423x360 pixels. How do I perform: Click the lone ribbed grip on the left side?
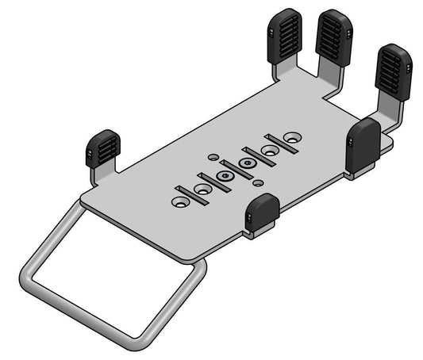coord(103,147)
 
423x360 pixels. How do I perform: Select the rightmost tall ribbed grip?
coord(393,71)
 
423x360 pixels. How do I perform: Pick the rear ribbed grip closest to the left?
coord(284,36)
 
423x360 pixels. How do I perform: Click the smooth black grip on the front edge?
coord(262,214)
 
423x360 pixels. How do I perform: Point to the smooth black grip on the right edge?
coord(363,146)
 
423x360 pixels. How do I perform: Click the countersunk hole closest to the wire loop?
coord(180,202)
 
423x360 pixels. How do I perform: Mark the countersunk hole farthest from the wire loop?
coord(294,137)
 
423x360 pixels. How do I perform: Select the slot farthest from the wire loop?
coord(282,144)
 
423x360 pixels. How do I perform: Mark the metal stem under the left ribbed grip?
coord(102,170)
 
